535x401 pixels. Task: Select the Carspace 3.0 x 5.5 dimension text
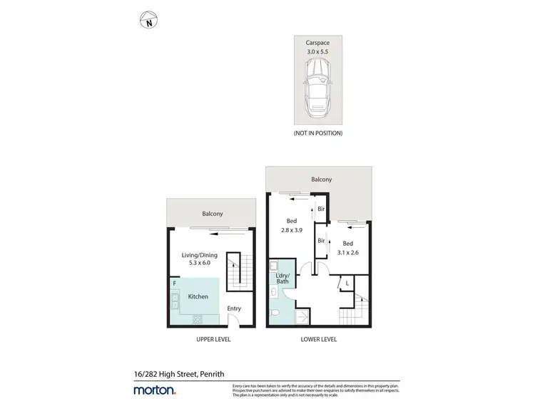(318, 48)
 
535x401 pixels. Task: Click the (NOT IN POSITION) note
(318, 133)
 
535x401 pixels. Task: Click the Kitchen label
(198, 296)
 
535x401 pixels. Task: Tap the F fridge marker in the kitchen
(174, 283)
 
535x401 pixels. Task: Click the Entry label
(234, 308)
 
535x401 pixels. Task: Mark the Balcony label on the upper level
(212, 214)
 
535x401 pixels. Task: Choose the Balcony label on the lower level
(320, 180)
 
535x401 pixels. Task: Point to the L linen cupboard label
(347, 283)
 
